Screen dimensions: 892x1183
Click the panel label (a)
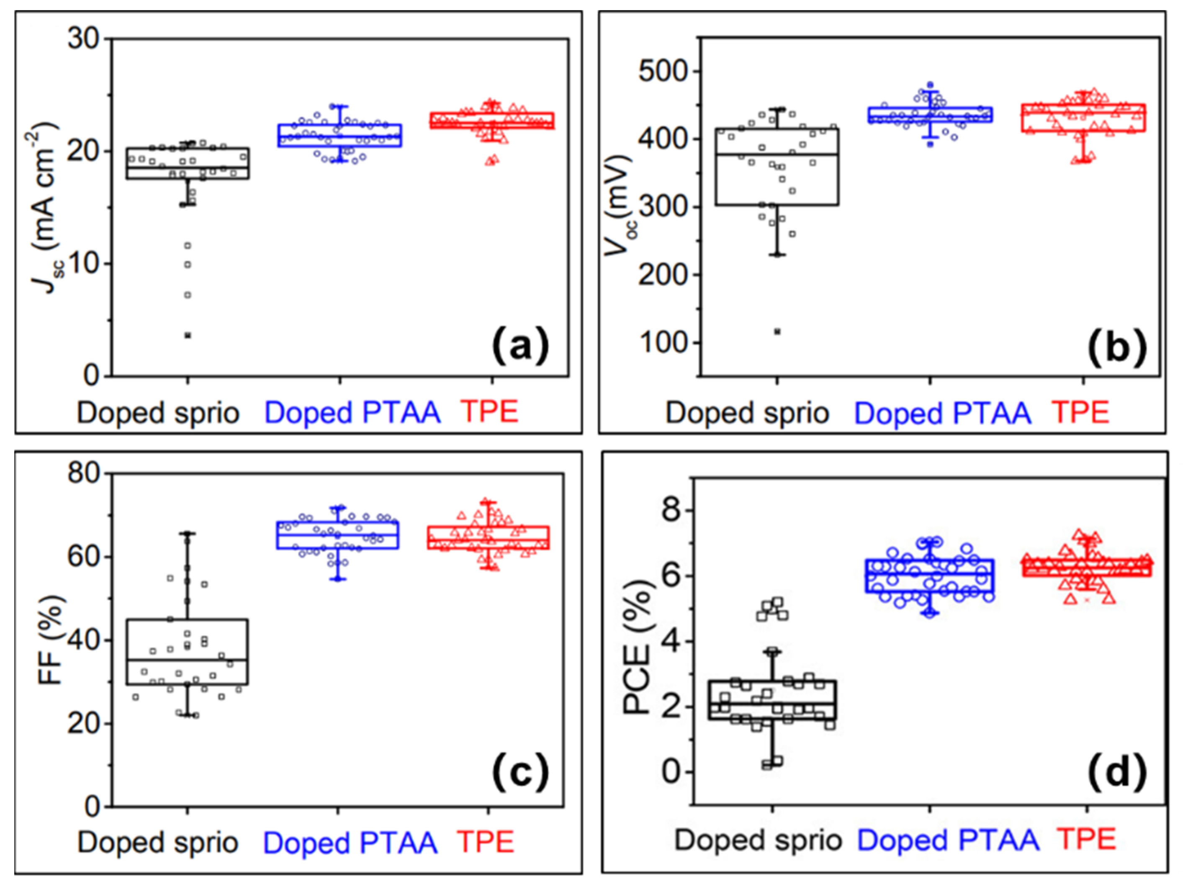[520, 347]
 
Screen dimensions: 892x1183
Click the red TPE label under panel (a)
[490, 412]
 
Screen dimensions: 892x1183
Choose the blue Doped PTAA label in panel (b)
[942, 414]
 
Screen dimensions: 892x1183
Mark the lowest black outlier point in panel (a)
[188, 335]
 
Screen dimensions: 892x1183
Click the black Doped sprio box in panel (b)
[777, 166]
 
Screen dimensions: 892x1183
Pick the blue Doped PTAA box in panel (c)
[337, 535]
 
